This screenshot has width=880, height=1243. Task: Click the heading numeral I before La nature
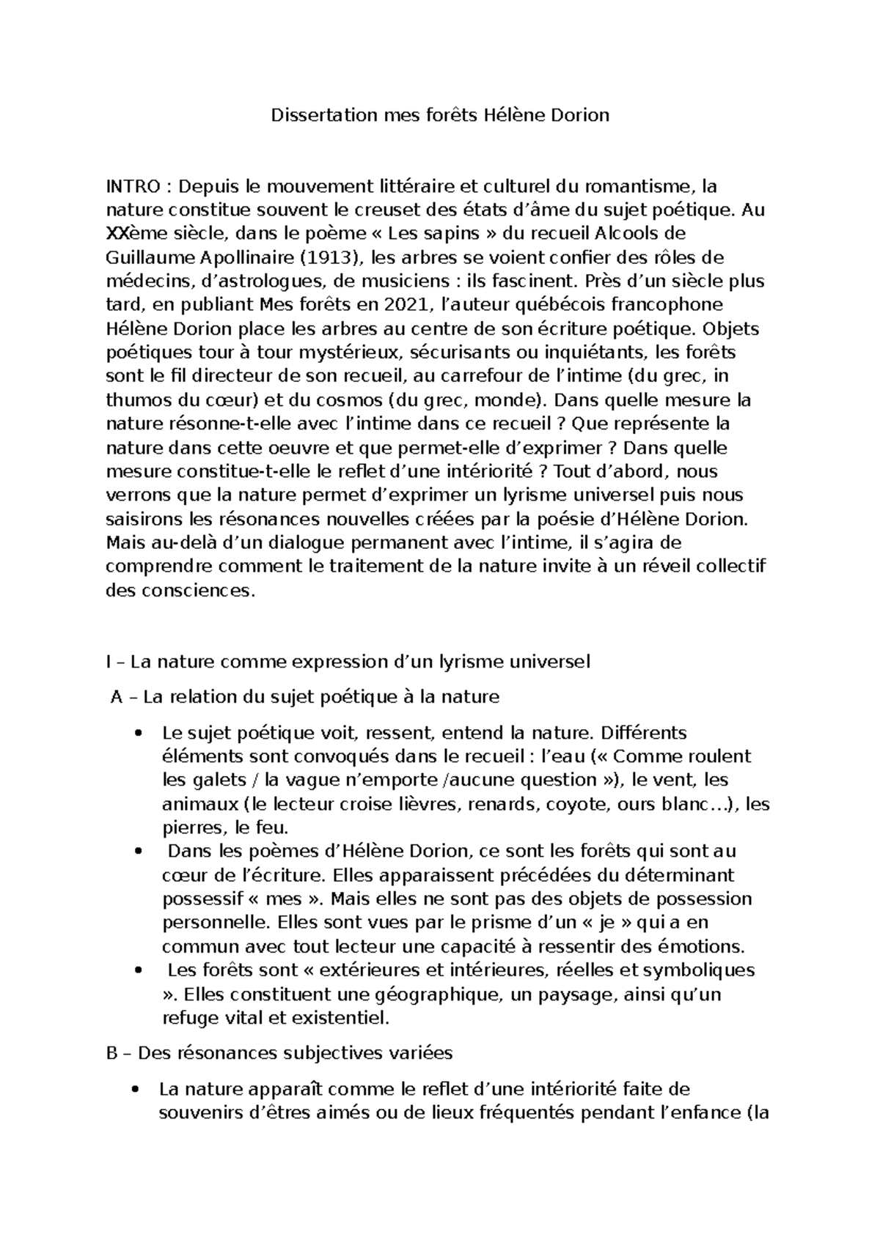(109, 662)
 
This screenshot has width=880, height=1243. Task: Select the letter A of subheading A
(116, 697)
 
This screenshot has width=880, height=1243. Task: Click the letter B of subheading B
(111, 1053)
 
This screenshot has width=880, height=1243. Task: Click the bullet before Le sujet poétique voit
(138, 733)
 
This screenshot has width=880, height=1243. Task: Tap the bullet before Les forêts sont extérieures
(138, 970)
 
